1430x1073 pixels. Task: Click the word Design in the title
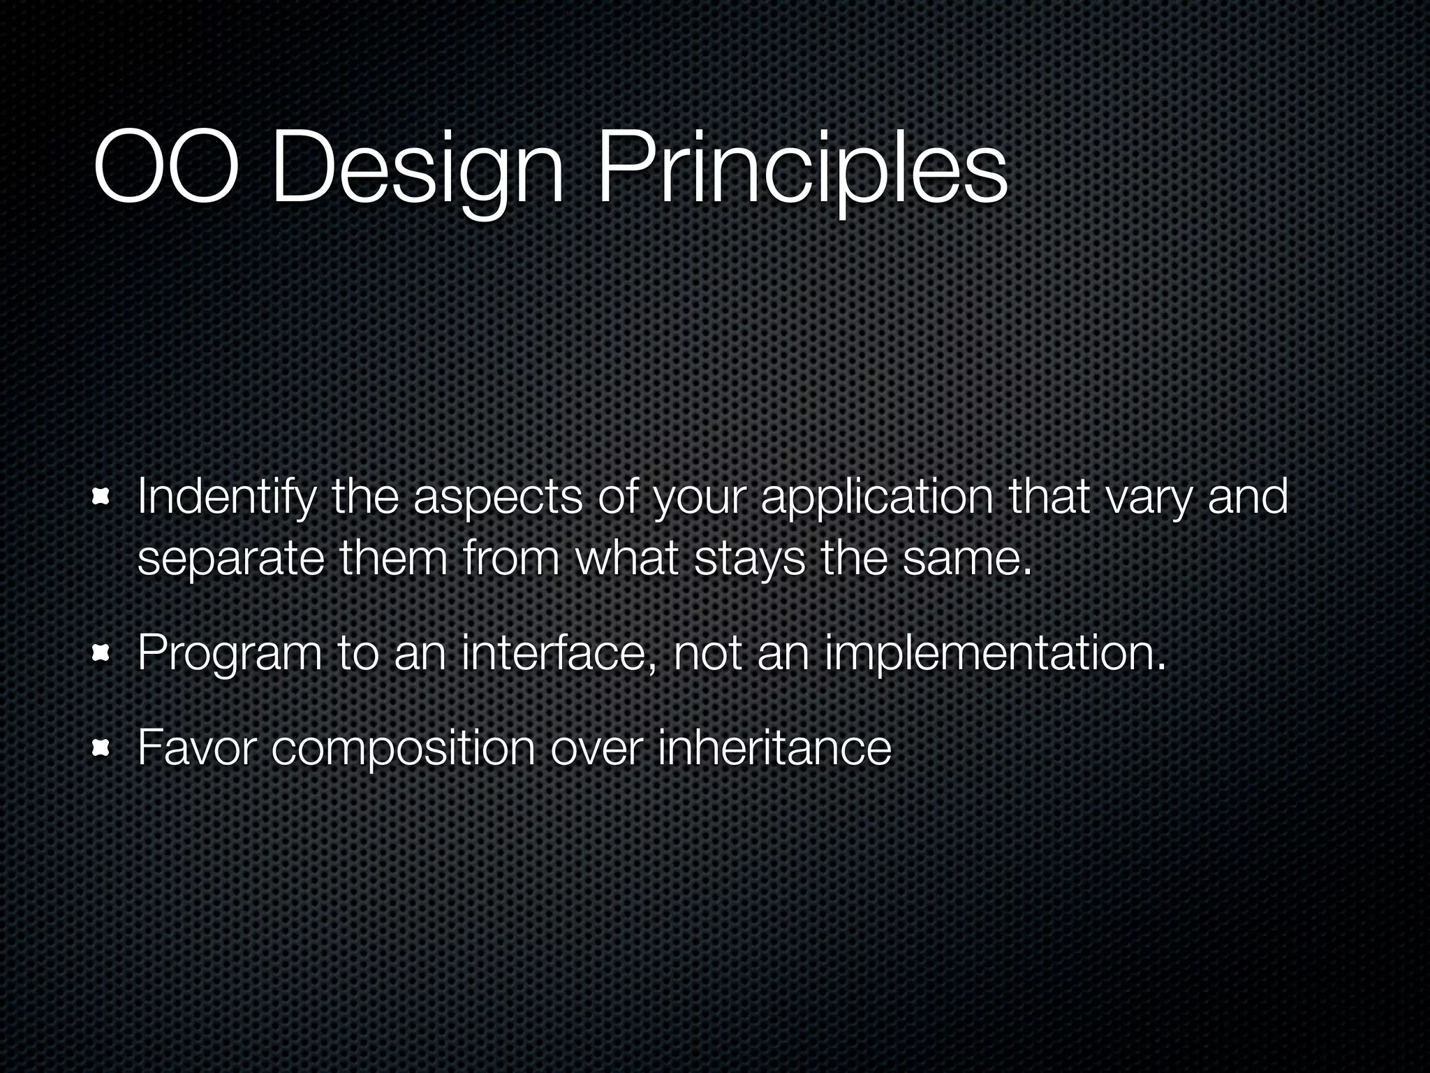click(417, 171)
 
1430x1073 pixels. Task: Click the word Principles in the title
click(802, 171)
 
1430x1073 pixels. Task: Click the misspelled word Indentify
click(225, 498)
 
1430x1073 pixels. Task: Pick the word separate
click(230, 561)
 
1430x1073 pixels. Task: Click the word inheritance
click(774, 747)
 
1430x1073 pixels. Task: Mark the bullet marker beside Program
click(102, 653)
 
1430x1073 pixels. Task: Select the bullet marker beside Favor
click(102, 748)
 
